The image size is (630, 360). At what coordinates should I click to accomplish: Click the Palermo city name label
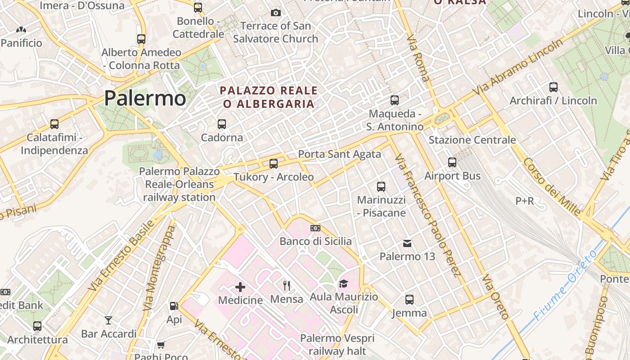point(145,99)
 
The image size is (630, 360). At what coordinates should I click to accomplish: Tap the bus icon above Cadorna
point(221,124)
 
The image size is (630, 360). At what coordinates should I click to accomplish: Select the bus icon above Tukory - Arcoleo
point(273,163)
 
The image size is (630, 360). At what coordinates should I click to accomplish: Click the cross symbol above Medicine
point(240,287)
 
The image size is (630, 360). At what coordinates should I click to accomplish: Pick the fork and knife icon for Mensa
point(287,285)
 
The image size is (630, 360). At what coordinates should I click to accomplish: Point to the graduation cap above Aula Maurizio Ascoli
point(343,283)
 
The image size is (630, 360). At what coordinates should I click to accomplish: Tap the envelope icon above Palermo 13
point(407,243)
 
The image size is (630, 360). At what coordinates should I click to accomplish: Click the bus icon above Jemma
point(409,299)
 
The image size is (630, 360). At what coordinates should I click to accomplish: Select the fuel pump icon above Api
point(174,306)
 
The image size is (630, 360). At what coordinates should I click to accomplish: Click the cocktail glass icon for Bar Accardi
point(108,320)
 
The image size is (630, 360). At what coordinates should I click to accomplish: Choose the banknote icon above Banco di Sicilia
point(315,228)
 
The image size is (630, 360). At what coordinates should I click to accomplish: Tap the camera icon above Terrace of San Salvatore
point(276,13)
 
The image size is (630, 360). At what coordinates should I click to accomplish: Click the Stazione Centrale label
point(472,140)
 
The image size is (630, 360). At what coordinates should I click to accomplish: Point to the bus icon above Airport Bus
point(452,162)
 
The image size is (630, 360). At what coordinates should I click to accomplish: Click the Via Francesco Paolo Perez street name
point(427,216)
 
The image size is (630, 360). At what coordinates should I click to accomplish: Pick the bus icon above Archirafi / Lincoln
point(553,87)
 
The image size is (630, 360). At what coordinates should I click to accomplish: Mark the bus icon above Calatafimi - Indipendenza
point(54,124)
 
